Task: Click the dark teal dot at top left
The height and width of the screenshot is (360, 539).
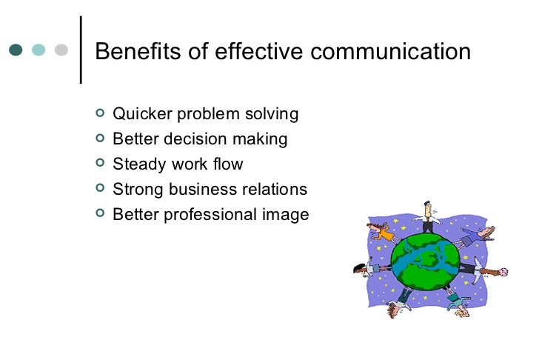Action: coord(16,50)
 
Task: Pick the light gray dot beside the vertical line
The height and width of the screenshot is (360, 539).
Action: coord(61,50)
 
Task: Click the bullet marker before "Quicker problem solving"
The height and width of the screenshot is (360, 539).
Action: coord(101,113)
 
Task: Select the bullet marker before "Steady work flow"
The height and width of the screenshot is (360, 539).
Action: coord(101,164)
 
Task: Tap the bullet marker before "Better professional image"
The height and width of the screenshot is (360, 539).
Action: coord(101,214)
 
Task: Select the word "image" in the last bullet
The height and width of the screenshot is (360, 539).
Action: coord(287,215)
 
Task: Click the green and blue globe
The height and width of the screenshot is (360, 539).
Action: coord(425,259)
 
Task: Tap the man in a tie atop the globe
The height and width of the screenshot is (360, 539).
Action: coord(427,216)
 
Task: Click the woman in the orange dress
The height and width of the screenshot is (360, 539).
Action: coord(382,232)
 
